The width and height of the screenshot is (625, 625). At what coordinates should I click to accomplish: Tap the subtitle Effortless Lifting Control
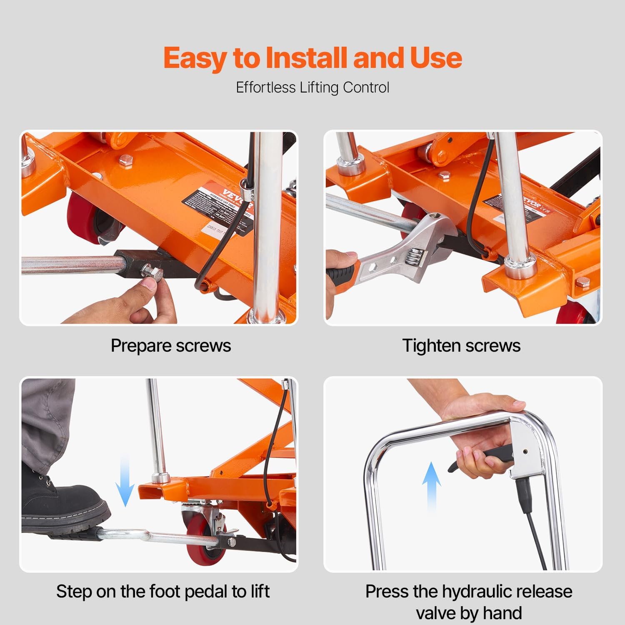pyautogui.click(x=312, y=87)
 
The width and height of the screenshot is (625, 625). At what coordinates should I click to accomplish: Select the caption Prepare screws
pyautogui.click(x=170, y=346)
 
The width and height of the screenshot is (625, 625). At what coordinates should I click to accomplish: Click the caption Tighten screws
pyautogui.click(x=461, y=346)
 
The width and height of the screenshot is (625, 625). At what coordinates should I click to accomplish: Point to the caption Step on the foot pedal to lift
pyautogui.click(x=163, y=591)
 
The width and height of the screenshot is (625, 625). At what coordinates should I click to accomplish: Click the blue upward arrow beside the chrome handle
pyautogui.click(x=432, y=485)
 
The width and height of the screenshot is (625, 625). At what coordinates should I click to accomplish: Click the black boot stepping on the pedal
pyautogui.click(x=62, y=502)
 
